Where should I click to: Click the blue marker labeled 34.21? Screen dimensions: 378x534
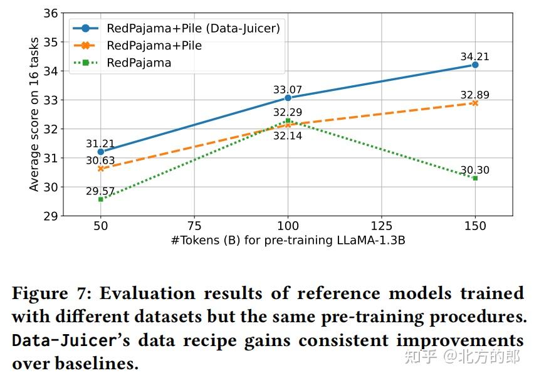click(x=475, y=65)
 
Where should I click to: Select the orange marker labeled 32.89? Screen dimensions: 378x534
click(x=475, y=103)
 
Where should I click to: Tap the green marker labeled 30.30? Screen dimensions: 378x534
click(x=475, y=178)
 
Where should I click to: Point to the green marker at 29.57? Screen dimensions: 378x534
click(x=100, y=199)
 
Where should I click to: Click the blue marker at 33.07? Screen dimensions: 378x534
click(x=288, y=98)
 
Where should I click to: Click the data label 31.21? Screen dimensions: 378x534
click(x=100, y=144)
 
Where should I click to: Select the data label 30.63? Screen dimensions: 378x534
click(x=100, y=160)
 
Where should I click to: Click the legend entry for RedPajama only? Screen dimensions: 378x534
click(x=139, y=63)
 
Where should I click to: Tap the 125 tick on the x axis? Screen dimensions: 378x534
click(x=382, y=226)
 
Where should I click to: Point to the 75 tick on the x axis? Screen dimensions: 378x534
click(x=194, y=226)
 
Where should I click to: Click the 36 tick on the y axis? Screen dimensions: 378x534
click(x=52, y=13)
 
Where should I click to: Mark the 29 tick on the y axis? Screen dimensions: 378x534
click(x=52, y=216)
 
